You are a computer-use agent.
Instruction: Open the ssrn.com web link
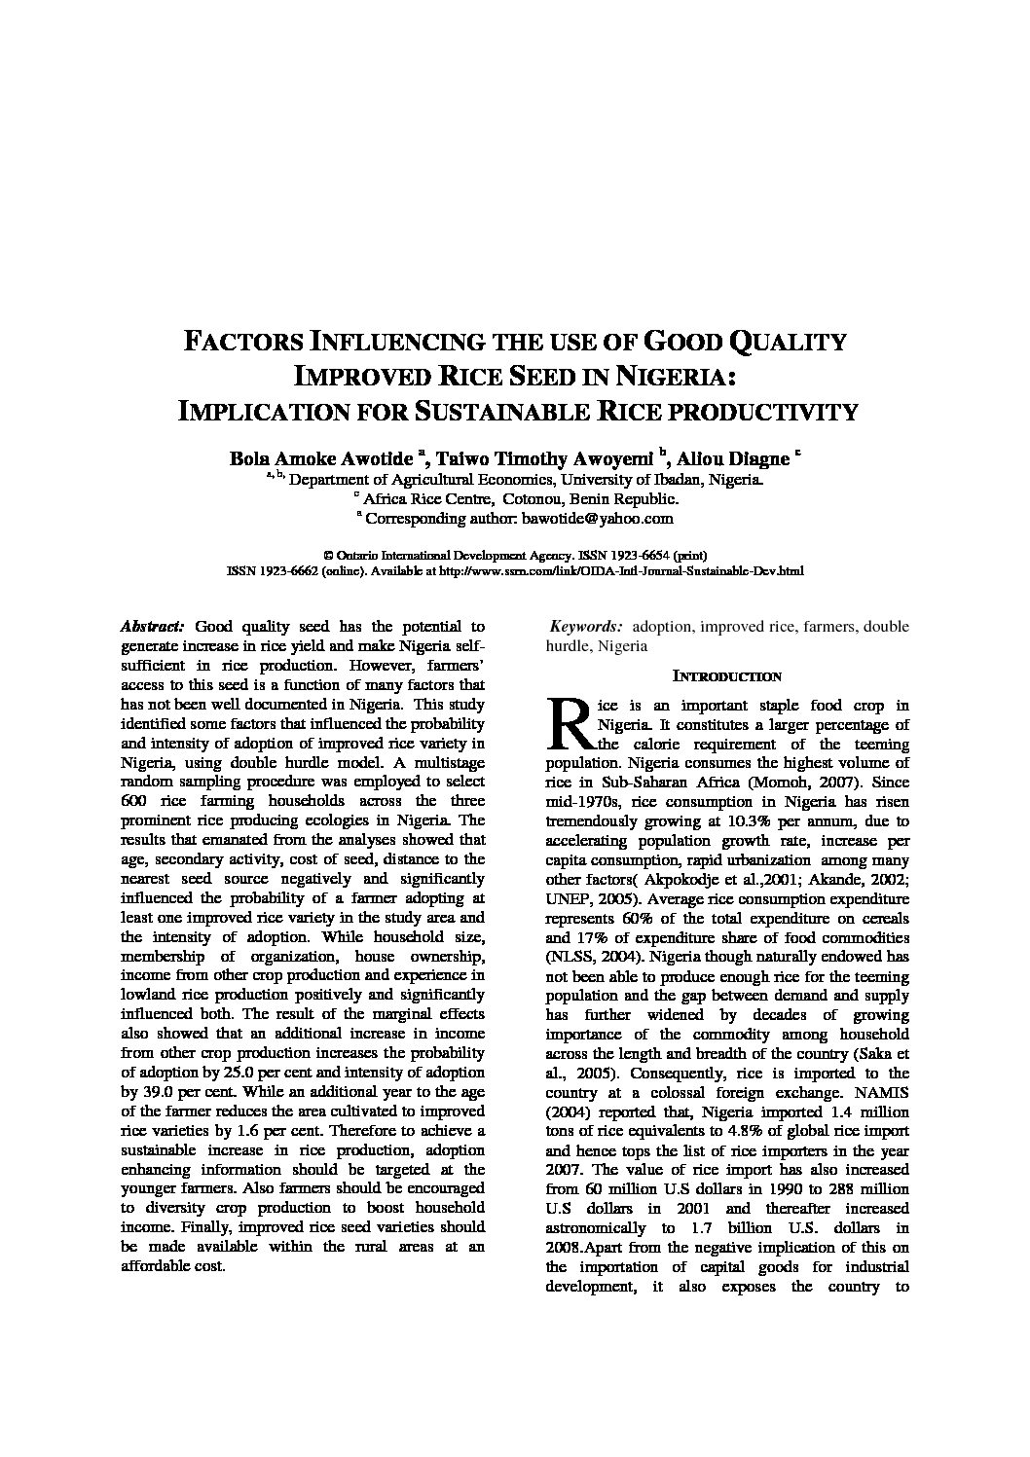tap(622, 570)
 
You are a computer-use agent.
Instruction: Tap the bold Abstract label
tap(151, 627)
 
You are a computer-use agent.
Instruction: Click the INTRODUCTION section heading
tap(727, 676)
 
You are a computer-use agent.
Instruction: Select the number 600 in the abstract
tap(133, 801)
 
